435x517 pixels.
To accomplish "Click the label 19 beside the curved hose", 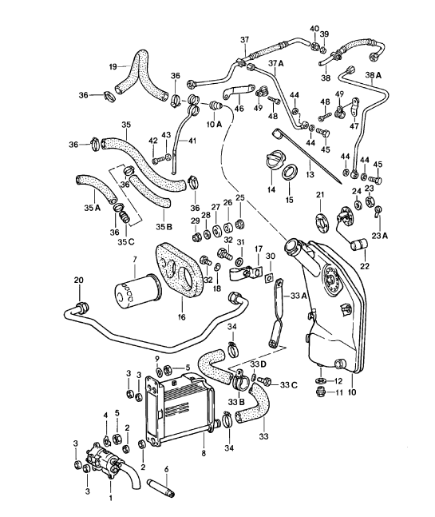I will tap(113, 66).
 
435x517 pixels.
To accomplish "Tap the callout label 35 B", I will tap(164, 227).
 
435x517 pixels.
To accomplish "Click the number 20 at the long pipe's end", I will tap(78, 279).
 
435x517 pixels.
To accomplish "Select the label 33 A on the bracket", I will tap(298, 296).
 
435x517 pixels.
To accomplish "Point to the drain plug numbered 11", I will tap(322, 392).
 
